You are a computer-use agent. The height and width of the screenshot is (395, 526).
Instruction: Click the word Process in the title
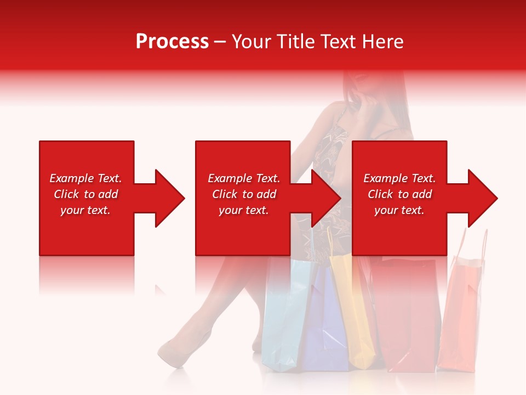(x=172, y=42)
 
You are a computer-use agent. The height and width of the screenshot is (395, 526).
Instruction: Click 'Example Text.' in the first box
(x=85, y=178)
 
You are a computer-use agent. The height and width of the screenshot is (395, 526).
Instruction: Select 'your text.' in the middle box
(x=243, y=210)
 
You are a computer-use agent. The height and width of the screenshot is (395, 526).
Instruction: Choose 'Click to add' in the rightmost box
(x=399, y=194)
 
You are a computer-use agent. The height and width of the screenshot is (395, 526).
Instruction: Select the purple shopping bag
(x=326, y=324)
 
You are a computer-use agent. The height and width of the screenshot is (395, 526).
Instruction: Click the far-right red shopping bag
(x=460, y=318)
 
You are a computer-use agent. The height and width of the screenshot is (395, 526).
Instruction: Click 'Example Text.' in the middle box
(x=243, y=178)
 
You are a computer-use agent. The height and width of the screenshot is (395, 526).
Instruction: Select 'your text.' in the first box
(x=85, y=210)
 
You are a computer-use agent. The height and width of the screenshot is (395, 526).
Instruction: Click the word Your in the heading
(x=249, y=42)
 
